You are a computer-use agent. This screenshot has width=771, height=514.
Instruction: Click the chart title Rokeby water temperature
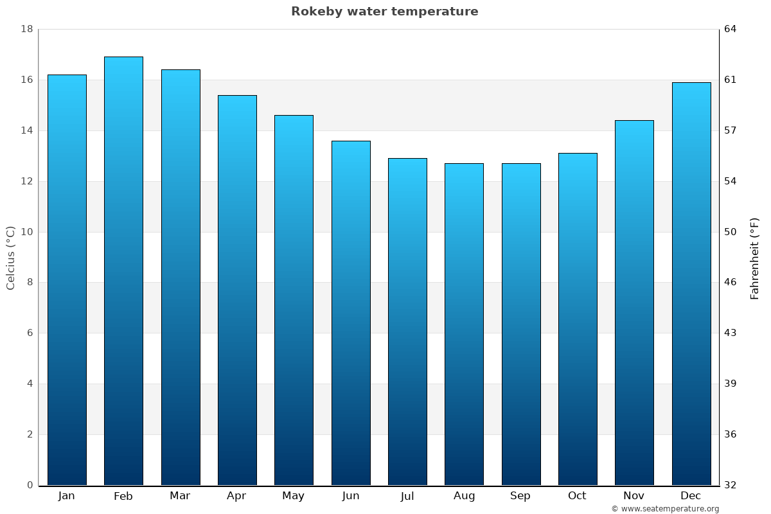point(384,12)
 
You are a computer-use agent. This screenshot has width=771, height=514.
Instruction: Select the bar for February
point(123,270)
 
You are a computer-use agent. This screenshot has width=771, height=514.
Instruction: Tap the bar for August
point(464,324)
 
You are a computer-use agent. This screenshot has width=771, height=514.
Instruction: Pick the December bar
point(691,283)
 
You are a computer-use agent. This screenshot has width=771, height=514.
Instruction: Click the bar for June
point(351,313)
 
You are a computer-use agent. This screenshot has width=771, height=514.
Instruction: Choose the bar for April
point(237,290)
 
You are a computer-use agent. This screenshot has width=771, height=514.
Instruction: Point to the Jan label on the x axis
point(66,496)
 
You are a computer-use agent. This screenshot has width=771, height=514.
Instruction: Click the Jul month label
point(407,496)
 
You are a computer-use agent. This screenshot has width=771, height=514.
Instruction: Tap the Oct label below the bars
point(577,496)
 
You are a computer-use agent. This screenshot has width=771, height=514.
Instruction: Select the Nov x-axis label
point(634,496)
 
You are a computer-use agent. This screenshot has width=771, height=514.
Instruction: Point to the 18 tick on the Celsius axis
point(27,30)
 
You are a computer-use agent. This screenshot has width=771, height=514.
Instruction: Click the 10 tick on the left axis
point(27,232)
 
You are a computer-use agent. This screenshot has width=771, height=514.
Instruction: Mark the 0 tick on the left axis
point(30,485)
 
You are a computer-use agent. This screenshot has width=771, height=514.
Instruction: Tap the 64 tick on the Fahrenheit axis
point(731,30)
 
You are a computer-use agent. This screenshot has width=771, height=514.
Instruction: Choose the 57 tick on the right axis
point(731,130)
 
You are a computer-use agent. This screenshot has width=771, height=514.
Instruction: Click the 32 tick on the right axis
point(731,485)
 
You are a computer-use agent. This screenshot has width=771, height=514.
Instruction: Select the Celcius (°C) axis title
point(11,258)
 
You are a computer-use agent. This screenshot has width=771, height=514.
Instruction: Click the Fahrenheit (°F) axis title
point(755,258)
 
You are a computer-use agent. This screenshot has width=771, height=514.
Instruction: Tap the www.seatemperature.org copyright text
point(665,509)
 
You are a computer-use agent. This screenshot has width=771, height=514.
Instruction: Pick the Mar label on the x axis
point(180,496)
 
